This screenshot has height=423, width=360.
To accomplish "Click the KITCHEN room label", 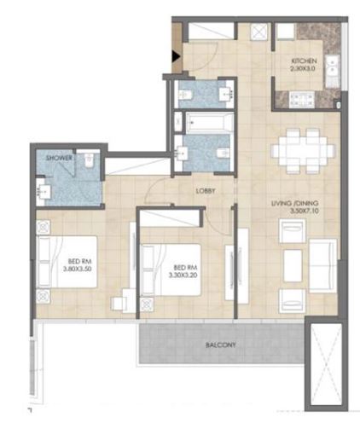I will tap(305, 62).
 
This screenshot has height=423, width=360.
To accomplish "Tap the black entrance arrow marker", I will tap(175, 58).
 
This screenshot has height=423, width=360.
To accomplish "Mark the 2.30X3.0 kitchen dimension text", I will tap(305, 71).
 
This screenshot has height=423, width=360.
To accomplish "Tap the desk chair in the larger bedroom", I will tap(124, 300).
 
